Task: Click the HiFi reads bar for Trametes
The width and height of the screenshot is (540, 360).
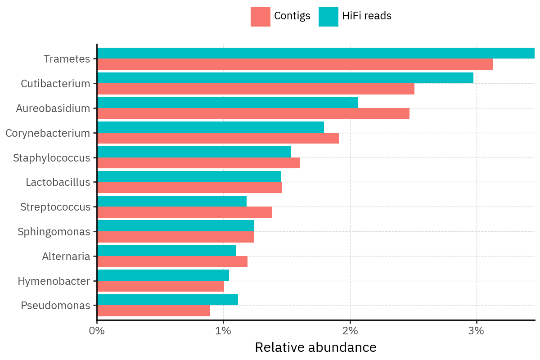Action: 315,53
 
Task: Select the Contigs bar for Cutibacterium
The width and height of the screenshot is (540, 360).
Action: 256,89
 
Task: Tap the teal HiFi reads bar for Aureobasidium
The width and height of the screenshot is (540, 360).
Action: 227,103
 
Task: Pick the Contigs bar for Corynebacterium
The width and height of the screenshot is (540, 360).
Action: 218,138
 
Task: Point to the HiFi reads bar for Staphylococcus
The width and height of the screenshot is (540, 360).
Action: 194,152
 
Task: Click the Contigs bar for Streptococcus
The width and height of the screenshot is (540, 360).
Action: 184,212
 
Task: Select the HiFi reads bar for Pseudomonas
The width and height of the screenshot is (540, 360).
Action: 167,300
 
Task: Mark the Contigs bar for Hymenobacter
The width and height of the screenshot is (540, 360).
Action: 161,286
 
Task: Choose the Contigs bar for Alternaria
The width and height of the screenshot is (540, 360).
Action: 172,261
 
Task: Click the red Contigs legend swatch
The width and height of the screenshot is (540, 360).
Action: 261,17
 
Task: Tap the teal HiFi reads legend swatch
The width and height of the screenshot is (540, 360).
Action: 328,17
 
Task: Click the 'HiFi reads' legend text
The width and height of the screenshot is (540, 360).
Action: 367,16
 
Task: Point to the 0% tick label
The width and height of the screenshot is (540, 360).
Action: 97,331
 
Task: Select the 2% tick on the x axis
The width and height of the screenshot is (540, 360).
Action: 350,331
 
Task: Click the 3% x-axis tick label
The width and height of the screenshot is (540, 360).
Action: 477,331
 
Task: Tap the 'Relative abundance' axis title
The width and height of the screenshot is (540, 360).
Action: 315,347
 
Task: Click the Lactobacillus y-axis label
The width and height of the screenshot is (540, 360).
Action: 58,182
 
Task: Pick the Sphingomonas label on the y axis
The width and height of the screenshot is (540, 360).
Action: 54,232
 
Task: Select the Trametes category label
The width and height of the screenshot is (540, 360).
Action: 67,59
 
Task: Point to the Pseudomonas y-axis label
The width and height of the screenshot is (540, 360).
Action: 55,306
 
